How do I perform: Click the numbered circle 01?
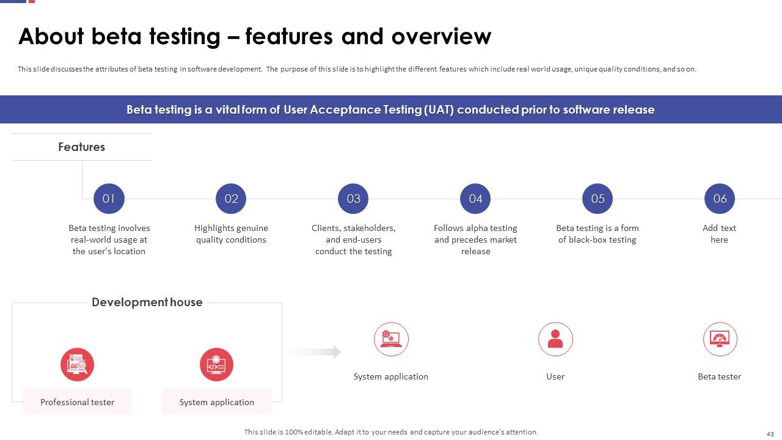coord(109,199)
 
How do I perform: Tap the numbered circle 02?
coord(231,199)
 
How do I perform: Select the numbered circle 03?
coord(353,199)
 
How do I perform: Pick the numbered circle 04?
coord(475,199)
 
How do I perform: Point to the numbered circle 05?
coord(597,199)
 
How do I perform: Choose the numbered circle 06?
coord(720,199)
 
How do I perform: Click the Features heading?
coord(82,147)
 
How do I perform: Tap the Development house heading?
coord(147,302)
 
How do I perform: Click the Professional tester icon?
coord(77,365)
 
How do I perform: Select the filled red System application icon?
coord(216,365)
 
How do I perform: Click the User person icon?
coord(555,339)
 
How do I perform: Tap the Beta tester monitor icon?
coord(720,339)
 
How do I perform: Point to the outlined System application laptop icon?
coord(391,339)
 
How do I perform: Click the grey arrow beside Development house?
coord(315,352)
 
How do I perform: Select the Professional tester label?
coord(77,402)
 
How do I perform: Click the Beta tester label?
coord(720,376)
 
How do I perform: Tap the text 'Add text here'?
coord(719,233)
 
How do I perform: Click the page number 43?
coord(770,434)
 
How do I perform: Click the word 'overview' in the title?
coord(441,36)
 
